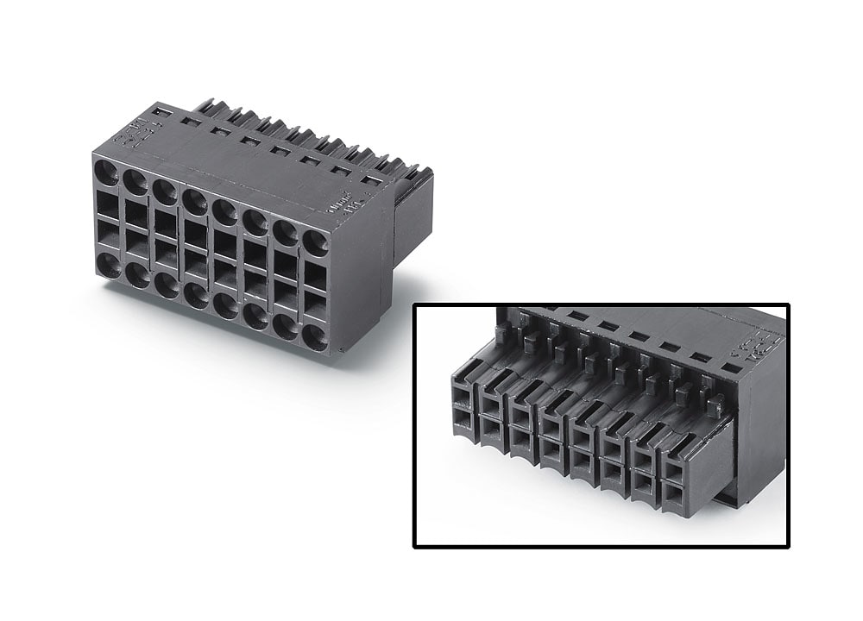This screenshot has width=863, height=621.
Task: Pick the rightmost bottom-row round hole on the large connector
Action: point(316,337)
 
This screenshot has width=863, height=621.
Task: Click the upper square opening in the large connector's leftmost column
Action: point(108,204)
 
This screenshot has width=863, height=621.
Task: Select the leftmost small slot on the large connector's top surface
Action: point(162,111)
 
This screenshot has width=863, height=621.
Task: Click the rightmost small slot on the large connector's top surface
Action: point(372,180)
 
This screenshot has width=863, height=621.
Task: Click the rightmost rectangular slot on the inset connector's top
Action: point(730,367)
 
